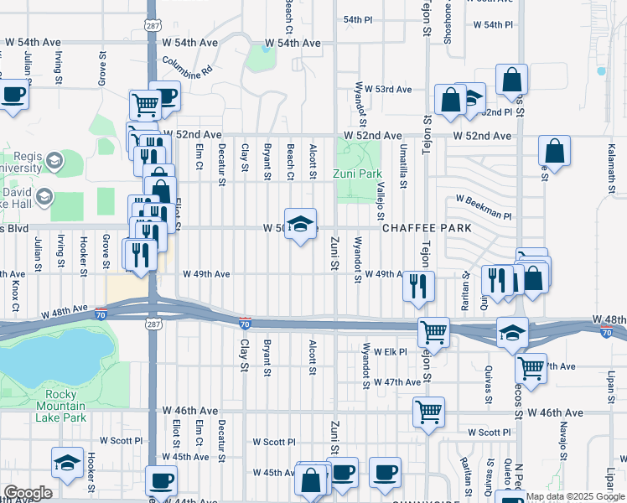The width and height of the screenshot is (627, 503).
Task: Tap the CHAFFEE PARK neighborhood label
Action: click(x=427, y=228)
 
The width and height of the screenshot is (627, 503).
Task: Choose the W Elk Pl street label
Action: click(x=390, y=351)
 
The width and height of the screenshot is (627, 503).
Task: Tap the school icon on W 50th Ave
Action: click(x=301, y=224)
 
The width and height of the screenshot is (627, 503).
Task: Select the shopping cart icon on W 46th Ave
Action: click(x=428, y=412)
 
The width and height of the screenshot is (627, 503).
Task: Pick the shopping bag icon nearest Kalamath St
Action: click(x=554, y=152)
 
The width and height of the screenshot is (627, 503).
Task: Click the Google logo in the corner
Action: click(x=28, y=493)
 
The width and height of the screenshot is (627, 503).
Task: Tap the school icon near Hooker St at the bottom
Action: click(x=67, y=462)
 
